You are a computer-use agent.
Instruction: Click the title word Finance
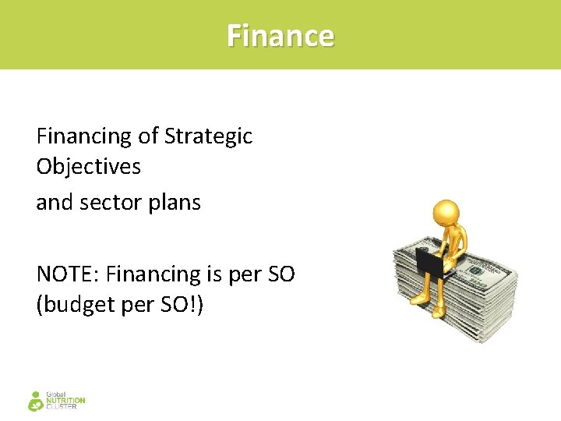(x=280, y=36)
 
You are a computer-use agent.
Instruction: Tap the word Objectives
(x=88, y=167)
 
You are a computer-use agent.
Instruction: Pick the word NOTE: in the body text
(x=68, y=274)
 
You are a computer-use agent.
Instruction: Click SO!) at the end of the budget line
(x=183, y=305)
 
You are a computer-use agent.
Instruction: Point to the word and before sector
(x=53, y=203)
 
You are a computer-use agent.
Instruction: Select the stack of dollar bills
(x=467, y=300)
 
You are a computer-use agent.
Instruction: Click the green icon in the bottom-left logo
(x=35, y=401)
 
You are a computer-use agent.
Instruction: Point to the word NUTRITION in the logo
(x=66, y=401)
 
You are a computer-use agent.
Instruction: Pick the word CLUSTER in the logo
(x=62, y=407)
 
